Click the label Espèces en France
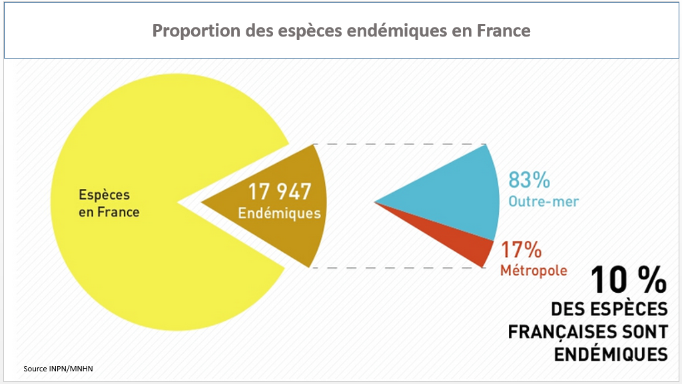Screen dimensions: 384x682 [x=109, y=204]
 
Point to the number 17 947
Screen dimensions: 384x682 [x=280, y=192]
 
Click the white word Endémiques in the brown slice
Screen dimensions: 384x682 [x=280, y=214]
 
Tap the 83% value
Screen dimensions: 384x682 [x=529, y=180]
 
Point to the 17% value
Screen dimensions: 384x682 [x=521, y=251]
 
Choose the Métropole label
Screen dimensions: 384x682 [x=533, y=271]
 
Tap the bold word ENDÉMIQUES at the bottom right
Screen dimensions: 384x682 [x=611, y=353]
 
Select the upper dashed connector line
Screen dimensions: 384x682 [x=400, y=144]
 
